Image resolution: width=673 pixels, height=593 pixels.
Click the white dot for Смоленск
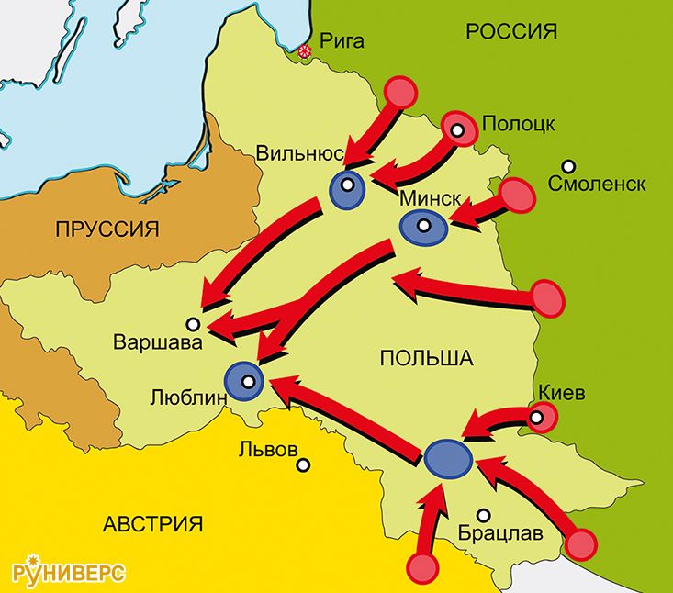569,166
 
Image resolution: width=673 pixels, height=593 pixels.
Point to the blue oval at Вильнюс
347,186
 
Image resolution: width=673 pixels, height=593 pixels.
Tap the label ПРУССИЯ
107,229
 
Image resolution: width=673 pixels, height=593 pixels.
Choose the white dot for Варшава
193,323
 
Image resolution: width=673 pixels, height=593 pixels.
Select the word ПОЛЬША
425,359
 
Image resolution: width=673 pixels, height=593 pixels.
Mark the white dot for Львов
303,465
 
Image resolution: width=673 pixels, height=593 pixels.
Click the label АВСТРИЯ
153,525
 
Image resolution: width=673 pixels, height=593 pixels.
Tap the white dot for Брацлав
483,515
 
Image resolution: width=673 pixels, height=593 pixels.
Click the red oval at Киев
542,420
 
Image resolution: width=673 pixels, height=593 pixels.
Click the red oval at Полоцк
459,130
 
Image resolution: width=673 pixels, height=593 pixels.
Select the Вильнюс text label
300,152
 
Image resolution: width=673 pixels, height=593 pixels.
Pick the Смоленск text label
596,185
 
